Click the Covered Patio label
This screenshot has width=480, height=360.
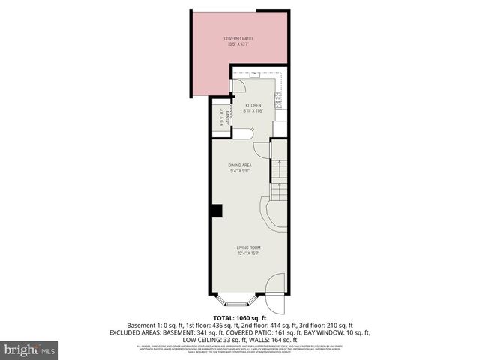239,39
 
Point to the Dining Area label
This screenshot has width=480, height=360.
239,165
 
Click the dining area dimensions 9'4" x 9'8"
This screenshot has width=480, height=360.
239,170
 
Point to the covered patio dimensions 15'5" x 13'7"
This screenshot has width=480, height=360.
239,44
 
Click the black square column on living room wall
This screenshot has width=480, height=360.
216,211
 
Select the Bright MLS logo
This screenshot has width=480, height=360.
30,349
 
